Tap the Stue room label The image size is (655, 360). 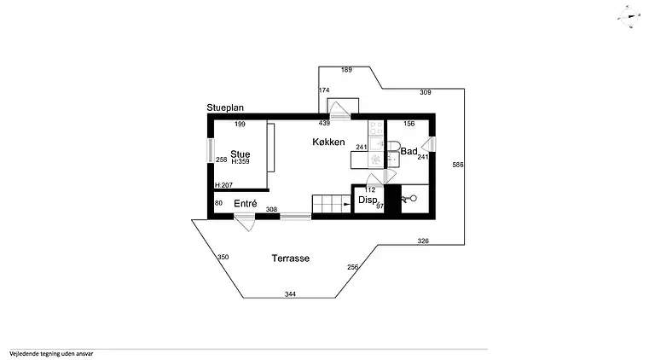point(240,154)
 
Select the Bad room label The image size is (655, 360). point(409,151)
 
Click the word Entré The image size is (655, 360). point(246,203)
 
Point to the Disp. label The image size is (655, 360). point(368,200)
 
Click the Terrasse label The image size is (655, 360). point(290,258)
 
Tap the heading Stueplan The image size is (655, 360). point(226,108)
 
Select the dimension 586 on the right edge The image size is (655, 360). point(458,165)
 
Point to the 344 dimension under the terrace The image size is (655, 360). point(291,293)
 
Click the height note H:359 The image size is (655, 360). point(240,161)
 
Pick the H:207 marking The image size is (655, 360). point(223,185)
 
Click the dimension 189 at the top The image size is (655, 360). point(346,70)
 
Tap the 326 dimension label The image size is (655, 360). point(423,241)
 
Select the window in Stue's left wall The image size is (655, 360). point(210,152)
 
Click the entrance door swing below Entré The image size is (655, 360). point(243,223)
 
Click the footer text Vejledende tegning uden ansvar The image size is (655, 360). point(50,353)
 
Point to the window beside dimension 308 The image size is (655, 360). point(295,215)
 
